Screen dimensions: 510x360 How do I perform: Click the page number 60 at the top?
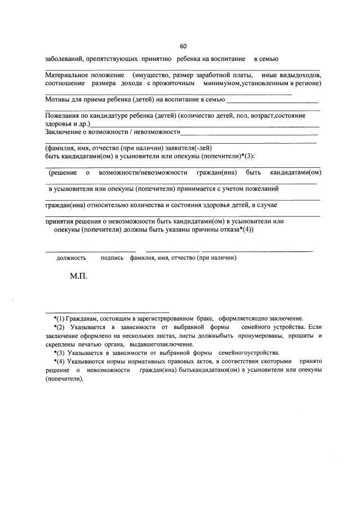pos(183,46)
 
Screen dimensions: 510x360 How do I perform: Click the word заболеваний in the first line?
pos(64,59)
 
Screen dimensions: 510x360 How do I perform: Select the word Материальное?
pos(65,75)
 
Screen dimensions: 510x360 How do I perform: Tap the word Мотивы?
pos(56,100)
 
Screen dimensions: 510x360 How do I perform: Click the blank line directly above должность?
pos(90,251)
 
